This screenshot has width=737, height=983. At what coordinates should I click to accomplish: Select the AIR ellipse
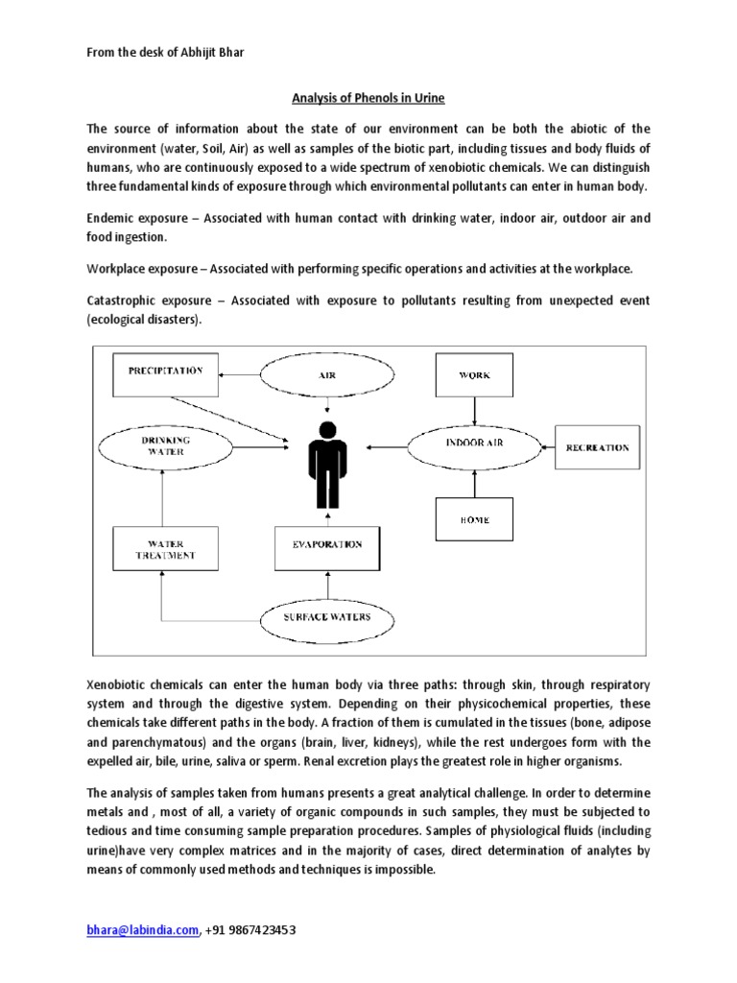pos(327,375)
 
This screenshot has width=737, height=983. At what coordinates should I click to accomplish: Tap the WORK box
pos(474,375)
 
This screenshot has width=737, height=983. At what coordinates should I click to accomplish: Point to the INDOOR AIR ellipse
pos(474,444)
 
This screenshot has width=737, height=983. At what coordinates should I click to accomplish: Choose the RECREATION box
pos(597,447)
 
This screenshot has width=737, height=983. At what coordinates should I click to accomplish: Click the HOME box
pos(474,519)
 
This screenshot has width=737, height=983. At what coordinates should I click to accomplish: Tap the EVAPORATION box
pos(327,545)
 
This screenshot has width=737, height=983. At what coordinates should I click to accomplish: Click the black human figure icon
pos(327,462)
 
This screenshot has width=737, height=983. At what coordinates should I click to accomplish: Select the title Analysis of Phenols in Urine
pos(368,97)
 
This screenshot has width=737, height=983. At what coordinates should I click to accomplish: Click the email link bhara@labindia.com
pos(143,930)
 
